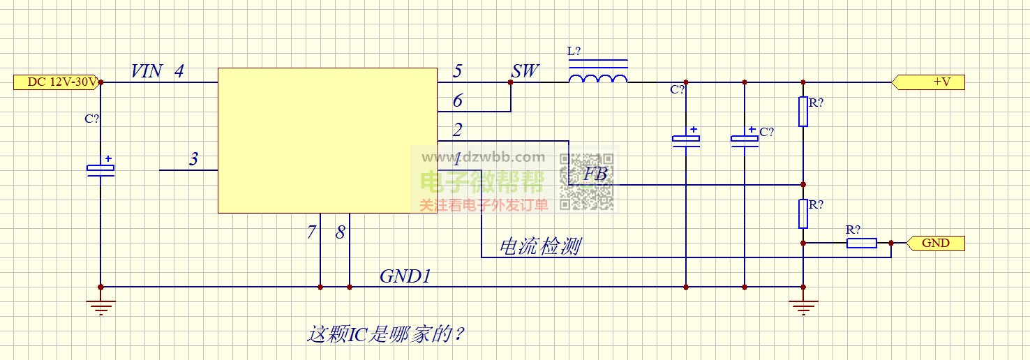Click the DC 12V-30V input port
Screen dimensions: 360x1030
tap(56, 82)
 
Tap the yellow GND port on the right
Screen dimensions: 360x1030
tap(936, 243)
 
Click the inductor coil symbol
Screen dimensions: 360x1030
tap(598, 78)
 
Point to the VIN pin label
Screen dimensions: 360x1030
tap(147, 71)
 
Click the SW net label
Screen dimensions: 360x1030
tap(525, 71)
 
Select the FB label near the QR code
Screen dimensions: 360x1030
tap(595, 174)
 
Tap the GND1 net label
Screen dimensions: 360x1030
tap(405, 276)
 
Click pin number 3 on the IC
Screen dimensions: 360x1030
tap(194, 160)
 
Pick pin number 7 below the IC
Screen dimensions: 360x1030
tap(312, 233)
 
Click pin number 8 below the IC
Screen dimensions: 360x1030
tap(340, 233)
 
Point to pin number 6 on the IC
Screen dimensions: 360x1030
tap(457, 101)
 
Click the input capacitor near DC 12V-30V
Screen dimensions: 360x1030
tap(100, 167)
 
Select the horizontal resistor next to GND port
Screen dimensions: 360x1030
tap(861, 243)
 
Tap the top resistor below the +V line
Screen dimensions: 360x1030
tap(803, 112)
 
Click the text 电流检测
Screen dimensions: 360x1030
tap(540, 246)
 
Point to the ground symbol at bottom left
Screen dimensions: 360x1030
tap(100, 306)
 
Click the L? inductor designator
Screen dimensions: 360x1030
tap(574, 52)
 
